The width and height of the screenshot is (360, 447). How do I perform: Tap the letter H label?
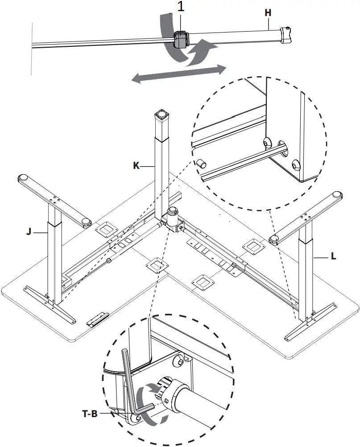pos(268,13)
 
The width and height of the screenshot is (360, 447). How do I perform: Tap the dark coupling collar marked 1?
pos(181,39)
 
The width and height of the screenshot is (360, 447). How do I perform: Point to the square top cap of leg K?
pos(161,115)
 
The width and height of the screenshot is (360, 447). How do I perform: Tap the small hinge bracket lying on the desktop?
pos(97,318)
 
